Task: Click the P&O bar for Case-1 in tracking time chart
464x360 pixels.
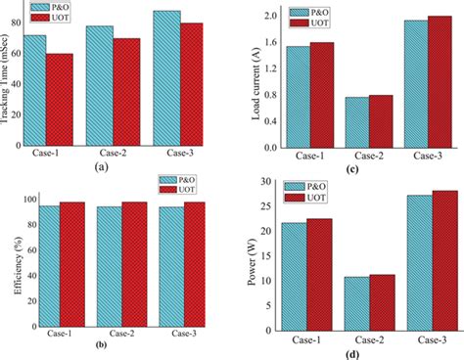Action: (x=34, y=90)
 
